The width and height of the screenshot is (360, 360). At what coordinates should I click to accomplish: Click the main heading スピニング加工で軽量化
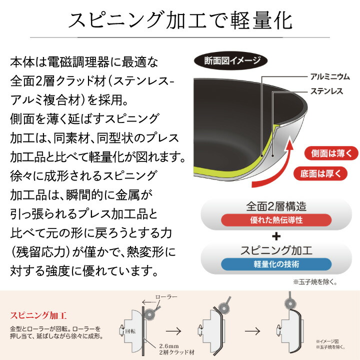click(180, 20)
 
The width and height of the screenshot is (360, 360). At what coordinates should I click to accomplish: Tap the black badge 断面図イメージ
click(230, 60)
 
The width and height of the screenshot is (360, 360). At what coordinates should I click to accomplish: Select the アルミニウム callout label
click(330, 76)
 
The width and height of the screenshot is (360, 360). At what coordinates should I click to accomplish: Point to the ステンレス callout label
click(326, 91)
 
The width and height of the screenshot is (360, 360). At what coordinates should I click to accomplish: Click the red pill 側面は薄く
click(331, 153)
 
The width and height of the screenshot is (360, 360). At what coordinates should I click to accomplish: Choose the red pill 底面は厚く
click(320, 173)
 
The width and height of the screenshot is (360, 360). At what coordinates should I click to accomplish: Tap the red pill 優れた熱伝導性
click(276, 220)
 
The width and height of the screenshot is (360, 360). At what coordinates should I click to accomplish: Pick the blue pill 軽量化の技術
click(276, 264)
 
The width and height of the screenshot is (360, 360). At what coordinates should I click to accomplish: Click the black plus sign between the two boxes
click(276, 236)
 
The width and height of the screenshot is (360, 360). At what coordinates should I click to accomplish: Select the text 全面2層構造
click(276, 206)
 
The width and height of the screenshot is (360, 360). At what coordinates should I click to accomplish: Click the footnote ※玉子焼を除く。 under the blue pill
click(315, 282)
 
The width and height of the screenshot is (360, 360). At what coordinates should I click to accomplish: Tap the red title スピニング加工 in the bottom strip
click(38, 315)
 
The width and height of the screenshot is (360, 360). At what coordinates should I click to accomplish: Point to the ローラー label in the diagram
click(166, 297)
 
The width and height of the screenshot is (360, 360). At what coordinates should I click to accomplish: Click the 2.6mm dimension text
click(169, 346)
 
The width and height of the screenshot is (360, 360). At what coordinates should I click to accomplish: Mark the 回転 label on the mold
click(130, 331)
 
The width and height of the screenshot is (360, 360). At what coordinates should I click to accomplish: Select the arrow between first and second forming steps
click(173, 331)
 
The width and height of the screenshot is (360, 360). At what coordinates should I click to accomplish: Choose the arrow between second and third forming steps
click(252, 331)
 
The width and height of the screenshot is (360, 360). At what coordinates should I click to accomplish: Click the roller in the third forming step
click(290, 304)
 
